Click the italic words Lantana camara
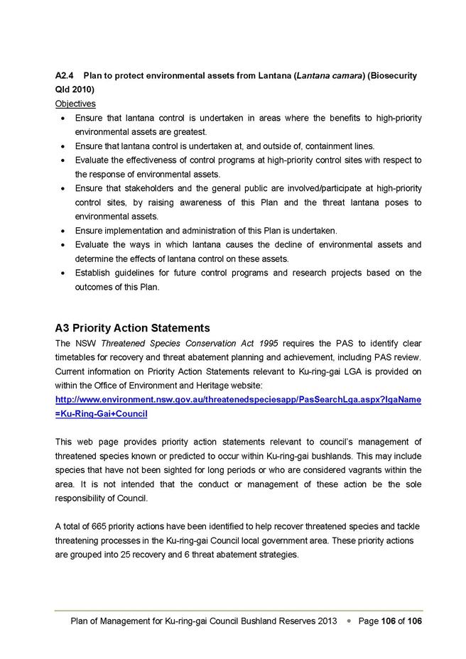tap(330, 75)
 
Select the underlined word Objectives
tap(75, 104)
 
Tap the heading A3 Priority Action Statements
tap(132, 328)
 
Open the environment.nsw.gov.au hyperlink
tap(238, 400)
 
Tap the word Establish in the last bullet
tap(94, 273)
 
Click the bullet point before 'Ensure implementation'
tap(65, 231)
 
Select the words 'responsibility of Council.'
tap(100, 498)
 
